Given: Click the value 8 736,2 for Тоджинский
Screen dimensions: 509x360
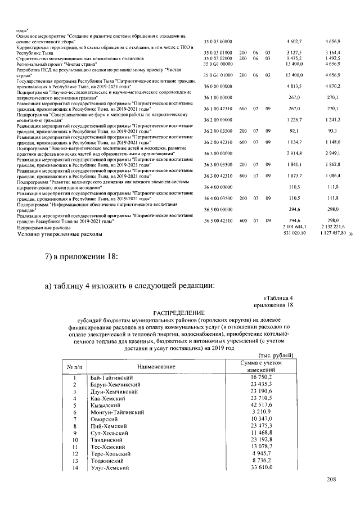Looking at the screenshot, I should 262,460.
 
